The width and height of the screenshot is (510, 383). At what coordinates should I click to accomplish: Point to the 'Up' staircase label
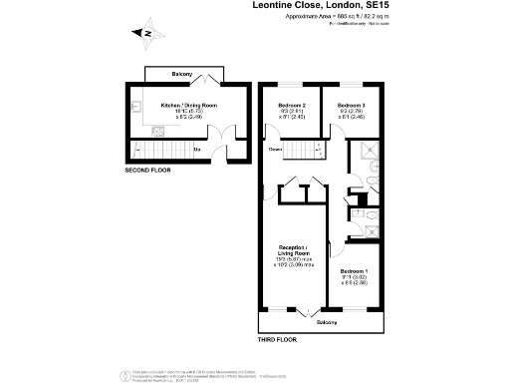(x=196, y=151)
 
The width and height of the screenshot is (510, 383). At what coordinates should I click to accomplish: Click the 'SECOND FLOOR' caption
(x=147, y=171)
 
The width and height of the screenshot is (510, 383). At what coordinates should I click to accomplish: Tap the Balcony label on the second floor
(x=180, y=75)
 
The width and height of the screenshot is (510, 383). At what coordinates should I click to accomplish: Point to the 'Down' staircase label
(x=275, y=151)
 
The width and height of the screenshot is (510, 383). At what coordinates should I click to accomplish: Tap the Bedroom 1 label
(x=355, y=271)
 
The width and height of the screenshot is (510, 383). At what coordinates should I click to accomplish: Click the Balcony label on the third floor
(x=327, y=322)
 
